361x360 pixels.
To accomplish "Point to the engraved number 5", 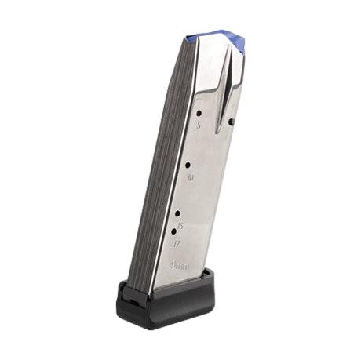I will [199, 126].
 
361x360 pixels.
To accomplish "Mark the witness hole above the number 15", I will [178, 213].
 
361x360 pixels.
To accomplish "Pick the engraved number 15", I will [180, 226].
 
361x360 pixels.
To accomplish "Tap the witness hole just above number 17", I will [174, 232].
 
